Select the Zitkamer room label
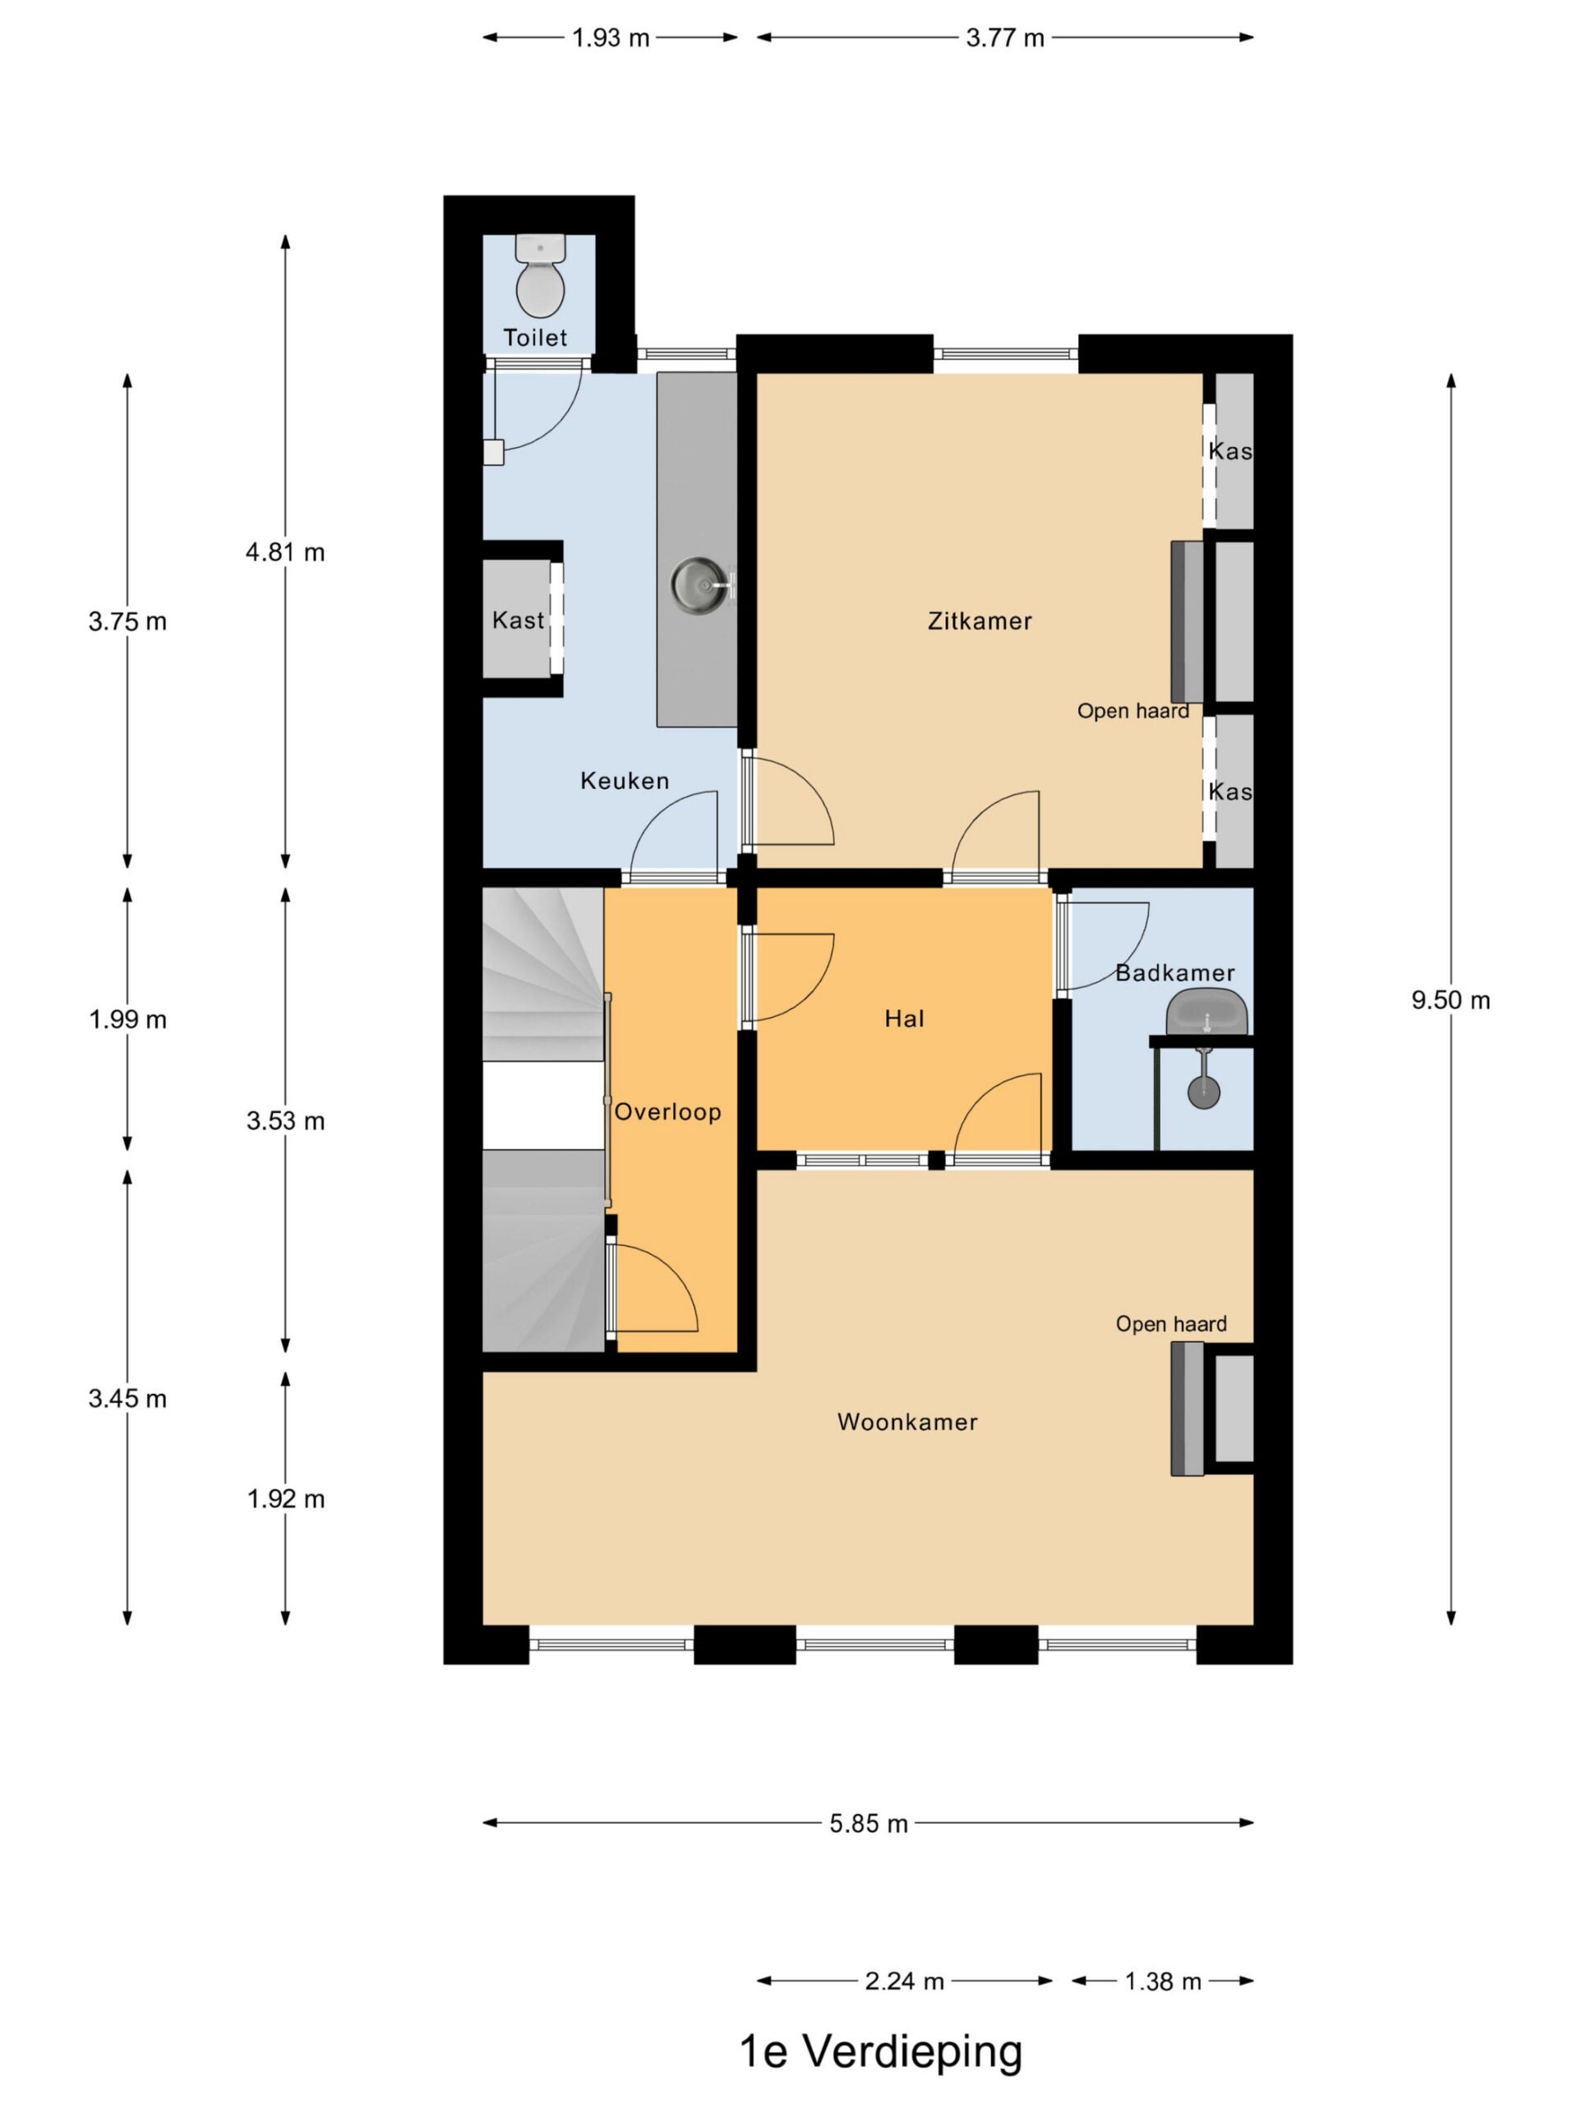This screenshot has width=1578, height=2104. click(x=980, y=621)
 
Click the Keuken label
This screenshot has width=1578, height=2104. click(x=625, y=781)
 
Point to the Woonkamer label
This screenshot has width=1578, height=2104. click(x=907, y=1422)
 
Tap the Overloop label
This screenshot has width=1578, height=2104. click(x=667, y=1112)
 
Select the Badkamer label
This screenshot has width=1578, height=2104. click(x=1174, y=973)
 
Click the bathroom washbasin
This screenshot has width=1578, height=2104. click(x=1207, y=1012)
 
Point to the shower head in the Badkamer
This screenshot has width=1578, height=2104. click(x=1203, y=1092)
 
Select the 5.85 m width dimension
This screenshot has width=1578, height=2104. click(x=869, y=1824)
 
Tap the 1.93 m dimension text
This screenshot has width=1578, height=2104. click(x=611, y=38)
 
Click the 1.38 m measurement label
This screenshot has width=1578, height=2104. click(x=1163, y=1982)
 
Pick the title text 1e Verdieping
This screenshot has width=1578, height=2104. click(x=881, y=2051)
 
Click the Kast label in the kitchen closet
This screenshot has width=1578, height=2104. click(x=519, y=621)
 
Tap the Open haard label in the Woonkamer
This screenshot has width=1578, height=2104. click(x=1171, y=1324)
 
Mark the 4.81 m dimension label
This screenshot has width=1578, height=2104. click(x=285, y=552)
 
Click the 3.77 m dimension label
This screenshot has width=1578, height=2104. click(x=1005, y=38)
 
